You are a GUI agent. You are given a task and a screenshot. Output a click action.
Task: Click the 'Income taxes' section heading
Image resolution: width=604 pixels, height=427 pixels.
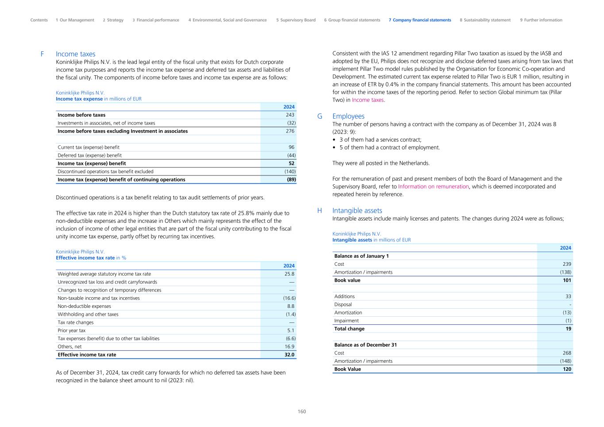pyautogui.click(x=75, y=54)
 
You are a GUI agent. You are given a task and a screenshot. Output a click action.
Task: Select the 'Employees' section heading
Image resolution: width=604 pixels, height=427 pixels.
pyautogui.click(x=348, y=116)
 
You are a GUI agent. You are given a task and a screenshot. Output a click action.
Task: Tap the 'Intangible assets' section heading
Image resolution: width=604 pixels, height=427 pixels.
pyautogui.click(x=357, y=210)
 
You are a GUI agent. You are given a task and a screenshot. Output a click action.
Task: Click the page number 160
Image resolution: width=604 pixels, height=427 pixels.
pyautogui.click(x=301, y=411)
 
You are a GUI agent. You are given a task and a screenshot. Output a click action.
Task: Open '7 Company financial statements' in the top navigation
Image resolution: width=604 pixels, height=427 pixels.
pyautogui.click(x=419, y=20)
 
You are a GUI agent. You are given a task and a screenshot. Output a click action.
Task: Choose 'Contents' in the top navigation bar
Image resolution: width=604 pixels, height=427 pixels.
pyautogui.click(x=39, y=20)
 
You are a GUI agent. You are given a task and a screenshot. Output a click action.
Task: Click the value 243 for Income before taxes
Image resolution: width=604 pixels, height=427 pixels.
pyautogui.click(x=290, y=115)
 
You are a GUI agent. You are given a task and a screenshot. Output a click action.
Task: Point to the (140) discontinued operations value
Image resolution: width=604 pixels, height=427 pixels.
pyautogui.click(x=290, y=171)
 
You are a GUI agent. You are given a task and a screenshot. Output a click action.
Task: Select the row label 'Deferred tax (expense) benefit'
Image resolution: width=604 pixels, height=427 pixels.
pyautogui.click(x=89, y=155)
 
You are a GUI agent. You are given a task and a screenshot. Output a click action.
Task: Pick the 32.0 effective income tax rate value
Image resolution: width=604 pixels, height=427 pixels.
pyautogui.click(x=289, y=355)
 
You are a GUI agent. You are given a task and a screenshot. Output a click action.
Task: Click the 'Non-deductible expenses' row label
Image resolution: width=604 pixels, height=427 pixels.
pyautogui.click(x=84, y=306)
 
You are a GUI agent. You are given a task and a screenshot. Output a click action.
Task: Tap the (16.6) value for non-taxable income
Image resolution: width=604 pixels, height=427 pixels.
pyautogui.click(x=289, y=298)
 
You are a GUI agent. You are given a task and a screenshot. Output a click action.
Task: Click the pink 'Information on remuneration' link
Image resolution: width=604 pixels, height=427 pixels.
pyautogui.click(x=433, y=186)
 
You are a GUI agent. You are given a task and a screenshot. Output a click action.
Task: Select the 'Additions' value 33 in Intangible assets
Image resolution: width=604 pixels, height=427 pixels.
pyautogui.click(x=568, y=296)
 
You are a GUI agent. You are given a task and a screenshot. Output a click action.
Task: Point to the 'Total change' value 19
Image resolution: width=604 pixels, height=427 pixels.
pyautogui.click(x=568, y=329)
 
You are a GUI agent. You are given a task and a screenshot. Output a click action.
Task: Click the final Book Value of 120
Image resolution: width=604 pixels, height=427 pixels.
pyautogui.click(x=567, y=369)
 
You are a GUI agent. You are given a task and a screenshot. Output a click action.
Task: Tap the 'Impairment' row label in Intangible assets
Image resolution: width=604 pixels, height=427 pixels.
pyautogui.click(x=346, y=321)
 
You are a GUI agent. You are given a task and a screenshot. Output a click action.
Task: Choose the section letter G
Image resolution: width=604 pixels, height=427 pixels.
pyautogui.click(x=319, y=116)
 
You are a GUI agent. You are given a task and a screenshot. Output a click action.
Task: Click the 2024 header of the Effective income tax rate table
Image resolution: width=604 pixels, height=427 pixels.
pyautogui.click(x=289, y=266)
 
